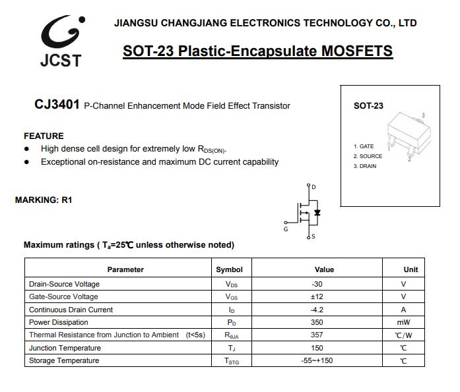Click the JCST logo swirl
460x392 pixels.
[x=61, y=30]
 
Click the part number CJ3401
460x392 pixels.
[x=57, y=105]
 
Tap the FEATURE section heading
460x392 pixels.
[x=44, y=136]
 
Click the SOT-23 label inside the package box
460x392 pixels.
[x=368, y=105]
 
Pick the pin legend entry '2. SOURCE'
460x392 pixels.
[x=368, y=156]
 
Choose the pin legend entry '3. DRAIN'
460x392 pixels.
[x=365, y=166]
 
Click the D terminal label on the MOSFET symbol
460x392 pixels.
[x=313, y=187]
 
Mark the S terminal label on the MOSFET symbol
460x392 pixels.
[x=313, y=236]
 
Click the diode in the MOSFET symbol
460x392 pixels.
[x=317, y=212]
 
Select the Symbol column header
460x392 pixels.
[x=229, y=269]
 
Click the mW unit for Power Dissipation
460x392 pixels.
[x=403, y=322]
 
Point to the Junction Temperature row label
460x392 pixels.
[x=65, y=348]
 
